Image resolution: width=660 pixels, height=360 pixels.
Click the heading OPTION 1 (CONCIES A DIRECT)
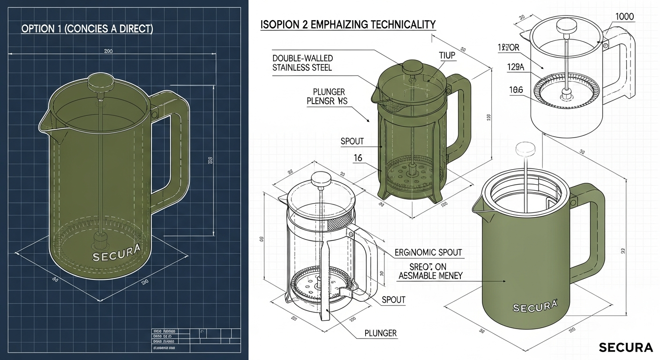(87, 29)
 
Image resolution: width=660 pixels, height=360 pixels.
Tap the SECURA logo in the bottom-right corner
(625, 347)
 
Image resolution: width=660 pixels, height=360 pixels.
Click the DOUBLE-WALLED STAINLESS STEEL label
(302, 63)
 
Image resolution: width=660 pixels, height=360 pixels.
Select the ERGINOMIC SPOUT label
(428, 253)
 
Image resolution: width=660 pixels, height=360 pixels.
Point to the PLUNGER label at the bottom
(380, 333)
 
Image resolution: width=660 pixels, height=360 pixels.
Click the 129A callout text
(515, 67)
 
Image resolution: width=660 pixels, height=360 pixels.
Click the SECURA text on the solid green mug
(535, 307)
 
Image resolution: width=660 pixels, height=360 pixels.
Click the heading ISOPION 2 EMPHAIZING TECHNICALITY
(348, 24)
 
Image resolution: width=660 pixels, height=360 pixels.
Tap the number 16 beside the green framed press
(358, 158)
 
